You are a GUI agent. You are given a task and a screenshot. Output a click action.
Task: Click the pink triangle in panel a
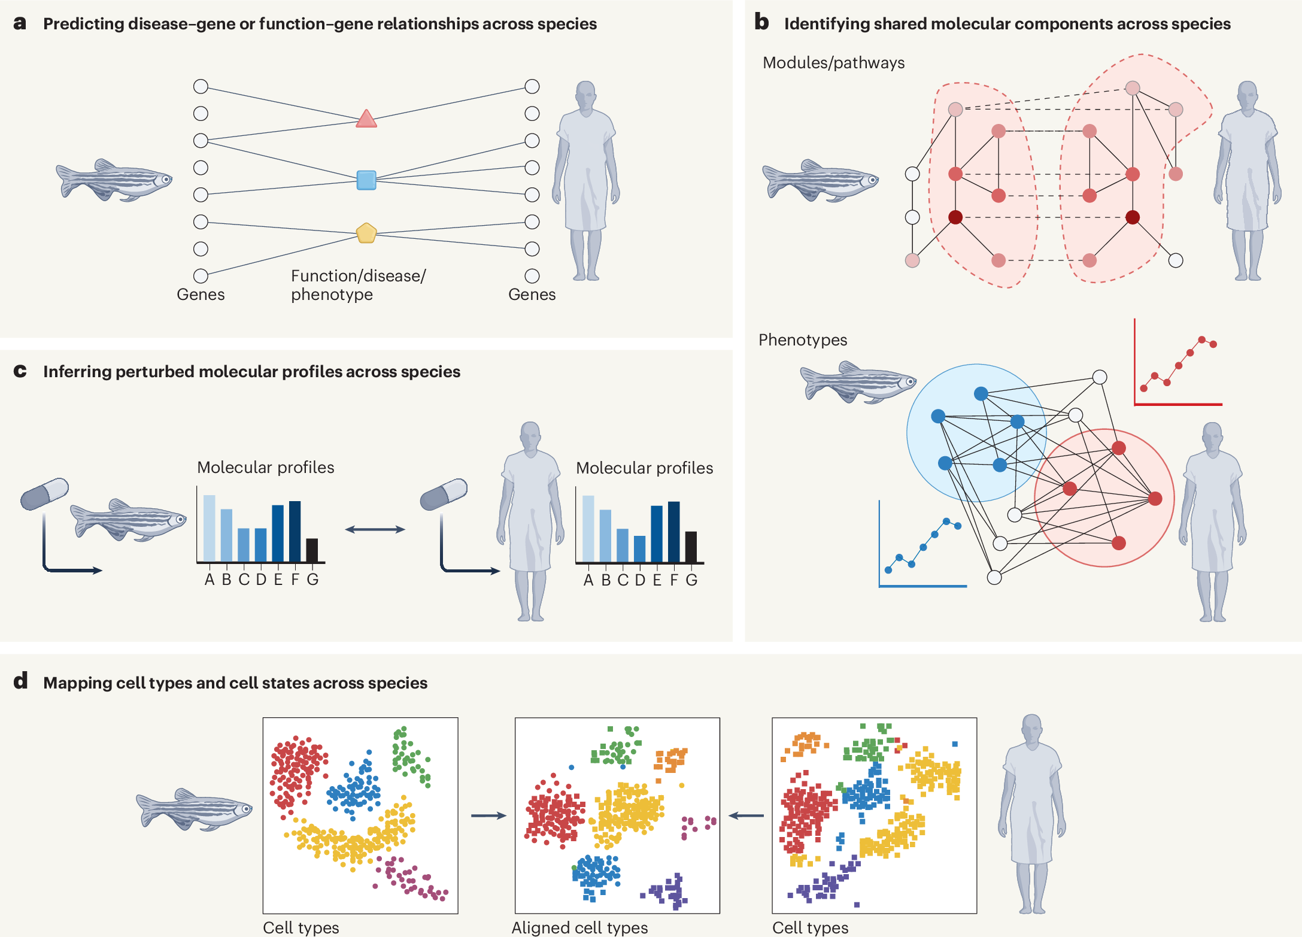[x=366, y=120]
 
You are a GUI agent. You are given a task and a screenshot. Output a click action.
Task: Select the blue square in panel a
[x=366, y=180]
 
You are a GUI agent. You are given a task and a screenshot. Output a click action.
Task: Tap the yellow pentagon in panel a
[x=366, y=233]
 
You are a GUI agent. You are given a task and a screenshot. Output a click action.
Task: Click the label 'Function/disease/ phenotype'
[x=358, y=285]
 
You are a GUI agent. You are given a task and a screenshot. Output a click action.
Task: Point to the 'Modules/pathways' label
[x=833, y=63]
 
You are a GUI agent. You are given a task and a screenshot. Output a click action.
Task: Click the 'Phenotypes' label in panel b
[x=802, y=340]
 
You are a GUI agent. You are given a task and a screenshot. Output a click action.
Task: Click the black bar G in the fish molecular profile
[x=312, y=550]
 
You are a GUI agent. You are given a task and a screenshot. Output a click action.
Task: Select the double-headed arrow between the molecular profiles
[x=375, y=529]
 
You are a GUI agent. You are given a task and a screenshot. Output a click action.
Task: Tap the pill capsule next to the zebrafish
[x=44, y=493]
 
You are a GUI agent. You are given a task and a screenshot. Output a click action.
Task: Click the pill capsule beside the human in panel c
[x=444, y=494]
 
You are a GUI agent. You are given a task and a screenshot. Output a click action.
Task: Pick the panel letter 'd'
[x=20, y=681]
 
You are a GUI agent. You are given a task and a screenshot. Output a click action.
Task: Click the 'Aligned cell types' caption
[x=579, y=927]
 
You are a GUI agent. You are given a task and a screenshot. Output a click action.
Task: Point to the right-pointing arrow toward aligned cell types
[x=488, y=815]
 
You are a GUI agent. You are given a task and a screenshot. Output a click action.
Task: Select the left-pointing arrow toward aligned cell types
[x=746, y=815]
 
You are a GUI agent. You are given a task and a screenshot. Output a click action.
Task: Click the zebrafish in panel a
[x=114, y=180]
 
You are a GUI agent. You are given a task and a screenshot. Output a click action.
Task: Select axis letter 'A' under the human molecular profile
[x=588, y=580]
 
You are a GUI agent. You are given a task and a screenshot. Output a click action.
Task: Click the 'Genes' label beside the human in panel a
[x=532, y=295]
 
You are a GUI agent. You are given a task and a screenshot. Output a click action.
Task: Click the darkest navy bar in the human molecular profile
[x=673, y=532]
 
